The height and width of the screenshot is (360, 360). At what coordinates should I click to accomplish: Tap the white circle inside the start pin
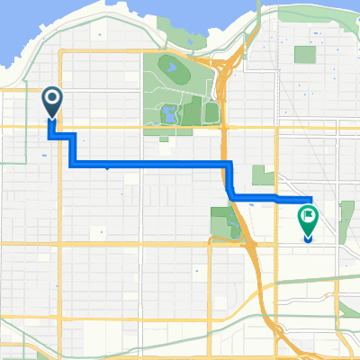(x=51, y=98)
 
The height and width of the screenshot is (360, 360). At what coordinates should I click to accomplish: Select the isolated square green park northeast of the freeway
(x=305, y=54)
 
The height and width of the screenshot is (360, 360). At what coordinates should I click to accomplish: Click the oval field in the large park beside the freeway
(x=170, y=67)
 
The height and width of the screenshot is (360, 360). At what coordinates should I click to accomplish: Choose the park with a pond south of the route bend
(x=222, y=221)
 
